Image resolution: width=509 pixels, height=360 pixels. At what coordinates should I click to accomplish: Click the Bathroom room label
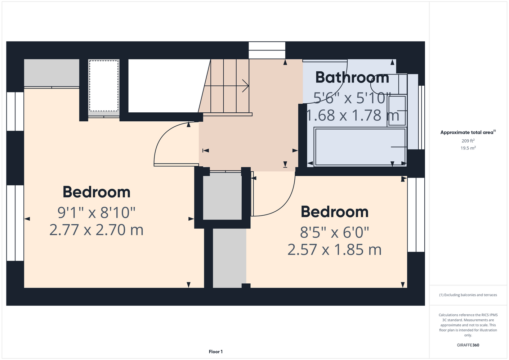pos(352,77)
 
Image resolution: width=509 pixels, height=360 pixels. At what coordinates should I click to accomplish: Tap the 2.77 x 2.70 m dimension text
pos(96,230)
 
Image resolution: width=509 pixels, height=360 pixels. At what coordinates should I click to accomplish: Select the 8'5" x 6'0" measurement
pos(335,232)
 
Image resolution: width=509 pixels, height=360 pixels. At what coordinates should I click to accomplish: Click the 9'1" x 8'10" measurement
pos(96,213)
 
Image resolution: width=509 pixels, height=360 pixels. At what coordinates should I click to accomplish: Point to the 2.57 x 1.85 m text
pos(335,249)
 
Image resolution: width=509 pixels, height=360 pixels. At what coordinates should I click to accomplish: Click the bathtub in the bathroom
pos(360,147)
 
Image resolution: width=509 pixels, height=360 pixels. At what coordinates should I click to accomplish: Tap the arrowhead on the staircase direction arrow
pos(246,86)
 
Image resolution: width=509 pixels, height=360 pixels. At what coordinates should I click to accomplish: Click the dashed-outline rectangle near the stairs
pos(104,86)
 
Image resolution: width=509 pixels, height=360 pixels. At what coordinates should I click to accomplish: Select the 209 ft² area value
pos(468,141)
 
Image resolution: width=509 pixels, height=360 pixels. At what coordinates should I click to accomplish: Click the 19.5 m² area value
pos(468,148)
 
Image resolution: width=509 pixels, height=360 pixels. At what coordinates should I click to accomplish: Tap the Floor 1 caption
pos(216,352)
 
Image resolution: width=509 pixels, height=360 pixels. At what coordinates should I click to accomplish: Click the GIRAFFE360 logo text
pos(468,345)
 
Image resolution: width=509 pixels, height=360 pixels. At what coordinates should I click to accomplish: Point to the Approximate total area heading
pos(468,132)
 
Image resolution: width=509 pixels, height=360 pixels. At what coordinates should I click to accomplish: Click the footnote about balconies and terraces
pos(468,295)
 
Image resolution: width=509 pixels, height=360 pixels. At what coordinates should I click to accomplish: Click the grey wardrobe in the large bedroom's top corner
pos(52,73)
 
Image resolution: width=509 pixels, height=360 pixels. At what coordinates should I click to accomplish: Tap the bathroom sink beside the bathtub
pos(397,111)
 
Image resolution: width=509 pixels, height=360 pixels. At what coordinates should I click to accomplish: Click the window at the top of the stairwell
pos(267,50)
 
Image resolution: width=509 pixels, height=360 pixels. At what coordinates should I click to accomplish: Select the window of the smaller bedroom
pos(416,215)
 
